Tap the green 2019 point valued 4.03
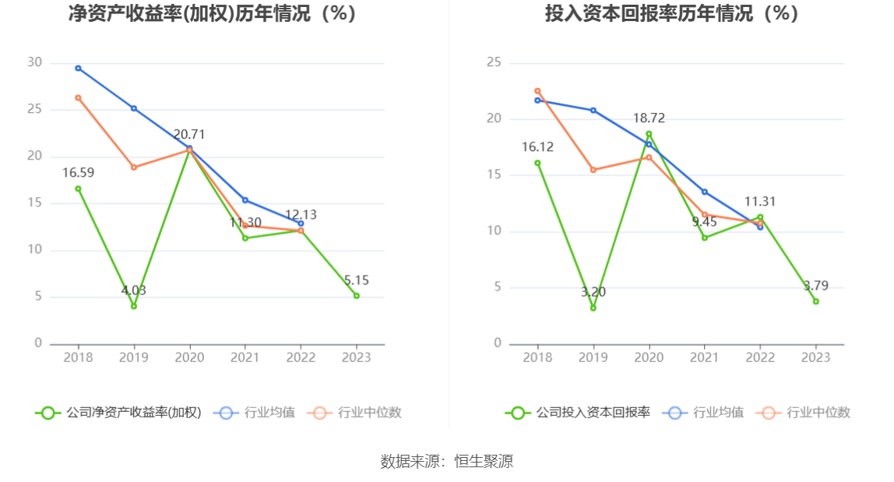[x=134, y=306]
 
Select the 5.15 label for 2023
[x=356, y=280]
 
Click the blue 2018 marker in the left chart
[x=78, y=69]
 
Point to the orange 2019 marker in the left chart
[x=134, y=167]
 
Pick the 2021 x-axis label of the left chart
[x=245, y=357]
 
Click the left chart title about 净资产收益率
[x=213, y=13]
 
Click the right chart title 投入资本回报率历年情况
[x=671, y=13]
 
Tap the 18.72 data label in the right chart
[x=649, y=118]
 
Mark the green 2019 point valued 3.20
[x=593, y=308]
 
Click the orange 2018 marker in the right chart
[x=537, y=91]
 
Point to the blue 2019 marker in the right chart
[x=593, y=111]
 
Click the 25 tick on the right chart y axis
[x=494, y=63]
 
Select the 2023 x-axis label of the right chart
[x=815, y=357]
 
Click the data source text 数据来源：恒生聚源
[x=447, y=461]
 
